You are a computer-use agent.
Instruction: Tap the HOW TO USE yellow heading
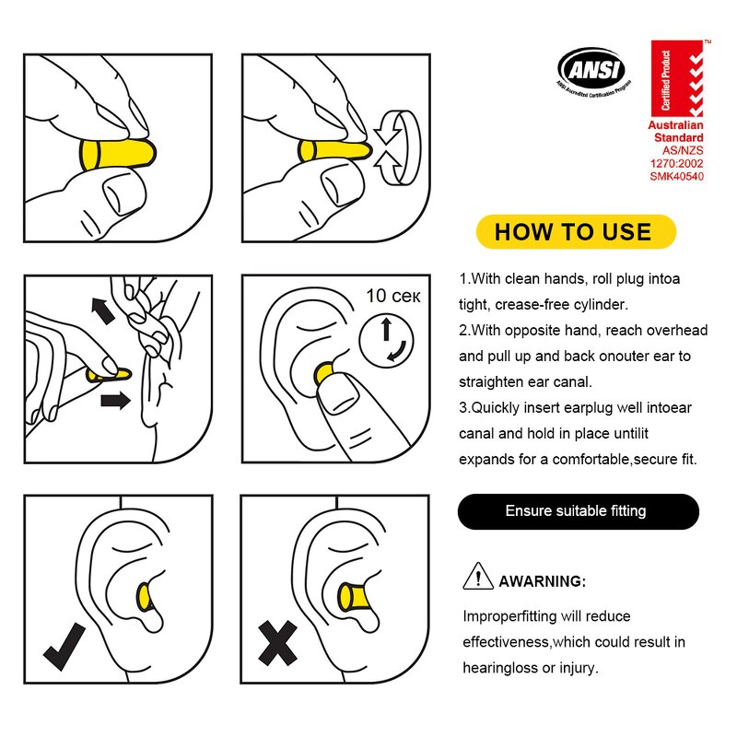coord(574,231)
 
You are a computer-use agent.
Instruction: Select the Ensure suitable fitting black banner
coord(578,510)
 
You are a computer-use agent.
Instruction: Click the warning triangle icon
coord(477,578)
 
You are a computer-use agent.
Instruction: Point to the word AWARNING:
coord(542,581)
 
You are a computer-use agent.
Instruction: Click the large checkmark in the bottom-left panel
coord(64,644)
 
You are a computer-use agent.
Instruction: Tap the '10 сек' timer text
coord(393,296)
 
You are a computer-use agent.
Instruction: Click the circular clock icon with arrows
coord(387,339)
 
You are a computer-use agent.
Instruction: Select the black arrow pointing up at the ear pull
coord(103,310)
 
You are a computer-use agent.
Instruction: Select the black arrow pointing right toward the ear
coord(116,399)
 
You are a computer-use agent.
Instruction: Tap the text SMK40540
coord(676,177)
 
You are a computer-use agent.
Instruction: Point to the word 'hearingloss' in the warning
coord(497,668)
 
